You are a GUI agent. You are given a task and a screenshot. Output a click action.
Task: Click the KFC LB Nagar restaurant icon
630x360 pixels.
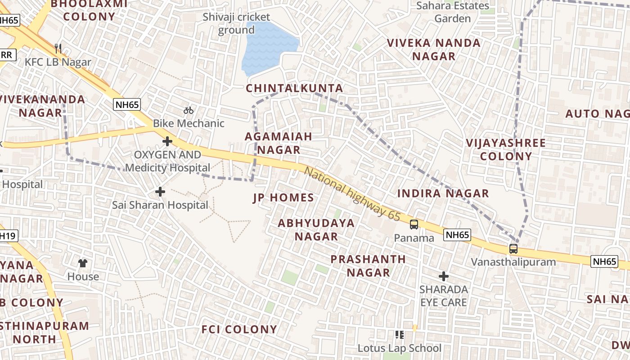tap(58, 48)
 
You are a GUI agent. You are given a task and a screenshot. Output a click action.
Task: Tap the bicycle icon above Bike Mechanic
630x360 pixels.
tap(189, 110)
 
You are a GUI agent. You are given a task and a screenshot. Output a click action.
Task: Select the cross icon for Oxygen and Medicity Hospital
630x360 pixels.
tap(167, 142)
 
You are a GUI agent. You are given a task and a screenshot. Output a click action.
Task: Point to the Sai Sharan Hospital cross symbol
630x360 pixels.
tap(160, 192)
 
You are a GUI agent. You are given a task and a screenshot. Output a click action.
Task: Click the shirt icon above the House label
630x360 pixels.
tap(83, 263)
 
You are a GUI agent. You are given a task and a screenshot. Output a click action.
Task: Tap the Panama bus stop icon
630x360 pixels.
tap(414, 224)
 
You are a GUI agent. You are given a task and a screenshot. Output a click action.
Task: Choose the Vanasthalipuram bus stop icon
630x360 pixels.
tap(513, 248)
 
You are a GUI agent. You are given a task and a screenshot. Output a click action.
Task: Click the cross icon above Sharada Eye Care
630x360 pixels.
tap(444, 276)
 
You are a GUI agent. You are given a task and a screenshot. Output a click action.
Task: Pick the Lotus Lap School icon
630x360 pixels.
tap(399, 334)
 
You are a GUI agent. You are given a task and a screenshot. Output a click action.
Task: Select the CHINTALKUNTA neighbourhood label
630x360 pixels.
tap(294, 88)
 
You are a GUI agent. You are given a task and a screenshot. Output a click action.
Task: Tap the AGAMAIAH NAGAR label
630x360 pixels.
tap(278, 143)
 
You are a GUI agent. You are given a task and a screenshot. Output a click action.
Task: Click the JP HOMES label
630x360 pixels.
tap(283, 198)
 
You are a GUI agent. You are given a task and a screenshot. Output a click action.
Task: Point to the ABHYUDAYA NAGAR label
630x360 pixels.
tap(316, 229)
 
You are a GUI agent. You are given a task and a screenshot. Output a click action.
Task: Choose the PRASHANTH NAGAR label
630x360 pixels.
tap(368, 266)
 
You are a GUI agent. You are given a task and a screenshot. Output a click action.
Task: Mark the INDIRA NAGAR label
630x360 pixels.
tap(443, 193)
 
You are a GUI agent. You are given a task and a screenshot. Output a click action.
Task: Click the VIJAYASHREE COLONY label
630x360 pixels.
tap(506, 150)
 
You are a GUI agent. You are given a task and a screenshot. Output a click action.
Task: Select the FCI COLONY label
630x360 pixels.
tap(239, 329)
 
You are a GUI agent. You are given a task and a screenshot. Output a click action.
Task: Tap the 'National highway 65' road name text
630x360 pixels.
tap(352, 194)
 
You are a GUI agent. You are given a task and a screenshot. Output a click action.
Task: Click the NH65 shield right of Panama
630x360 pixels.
tap(457, 234)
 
